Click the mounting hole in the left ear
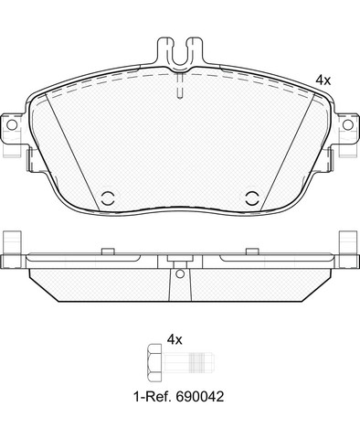click(12, 124)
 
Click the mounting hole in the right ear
click(348, 124)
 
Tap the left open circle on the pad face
click(108, 198)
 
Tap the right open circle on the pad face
click(252, 198)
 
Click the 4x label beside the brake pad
click(323, 80)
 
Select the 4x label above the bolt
click(175, 339)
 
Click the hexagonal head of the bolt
click(154, 362)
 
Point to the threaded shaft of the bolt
click(188, 362)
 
